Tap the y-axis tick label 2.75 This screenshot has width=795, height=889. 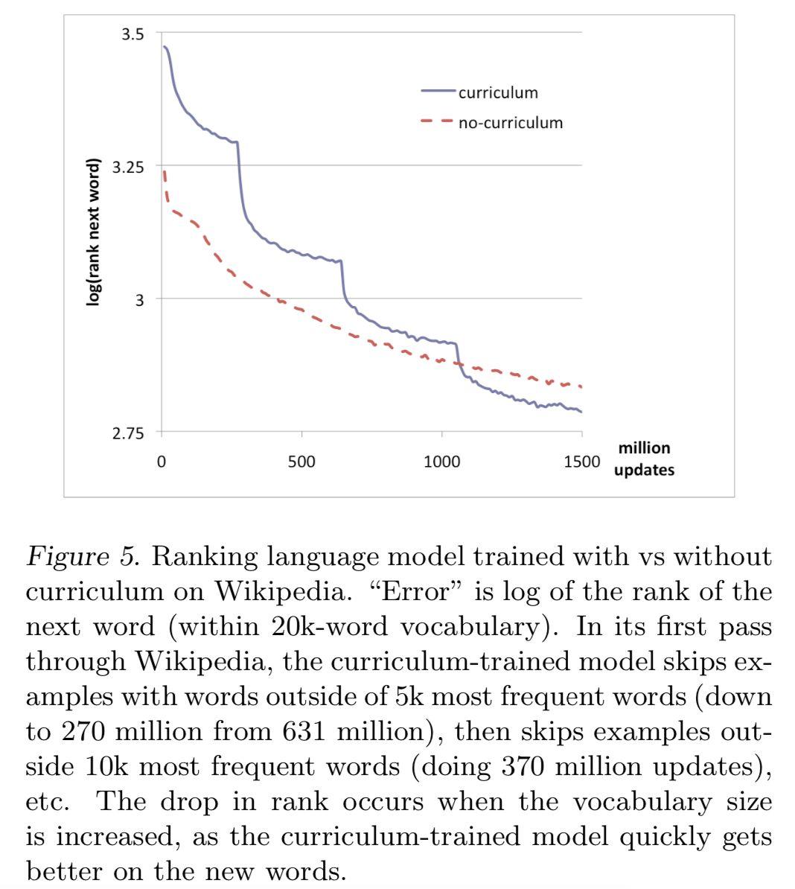pos(128,433)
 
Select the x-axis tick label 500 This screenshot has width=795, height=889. pos(301,462)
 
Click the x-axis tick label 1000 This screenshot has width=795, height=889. pos(441,462)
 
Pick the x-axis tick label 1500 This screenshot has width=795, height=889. pos(581,462)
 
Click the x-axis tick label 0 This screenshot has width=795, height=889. pos(162,462)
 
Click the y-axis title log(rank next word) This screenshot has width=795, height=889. pos(94,232)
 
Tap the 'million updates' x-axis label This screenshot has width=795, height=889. pos(644,459)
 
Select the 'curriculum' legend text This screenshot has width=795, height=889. pos(497,93)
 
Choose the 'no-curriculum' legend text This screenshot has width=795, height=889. pos(510,123)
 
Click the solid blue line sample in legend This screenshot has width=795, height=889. pos(437,92)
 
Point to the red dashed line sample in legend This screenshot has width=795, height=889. pos(437,121)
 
